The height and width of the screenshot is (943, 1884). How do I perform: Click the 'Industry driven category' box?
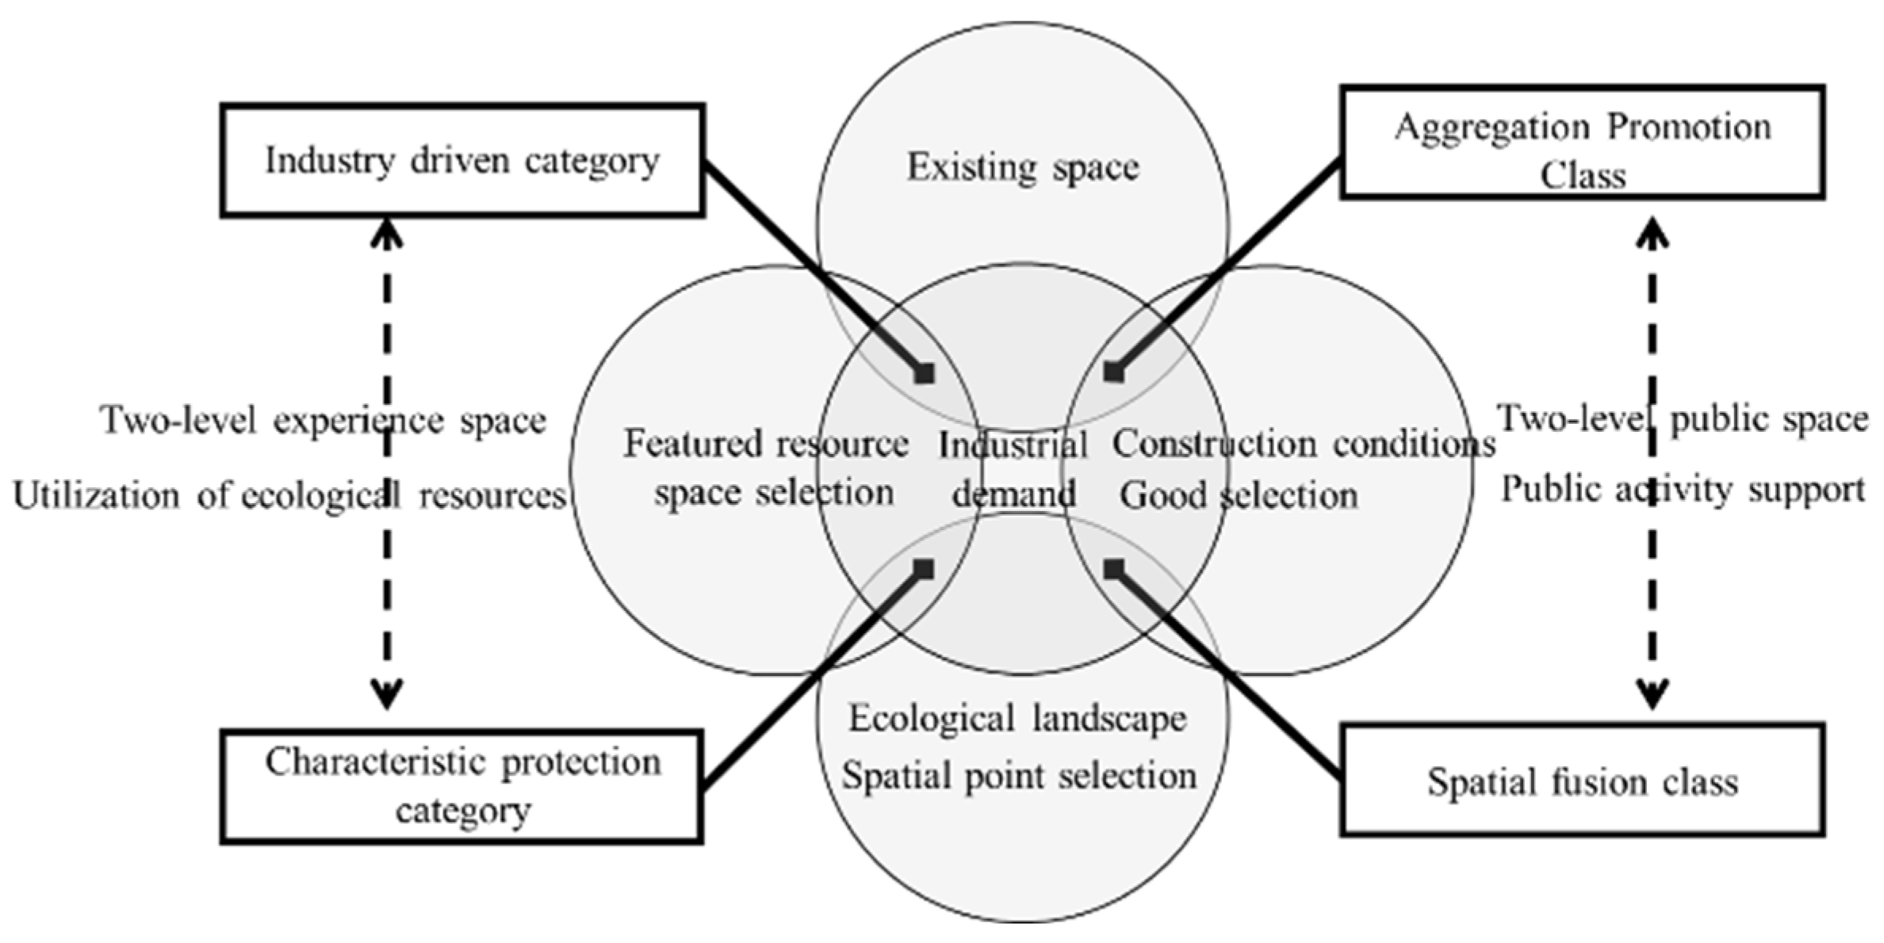(x=462, y=160)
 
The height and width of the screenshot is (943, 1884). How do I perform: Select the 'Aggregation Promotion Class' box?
(x=1583, y=143)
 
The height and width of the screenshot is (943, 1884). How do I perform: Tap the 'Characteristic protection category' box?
(x=462, y=786)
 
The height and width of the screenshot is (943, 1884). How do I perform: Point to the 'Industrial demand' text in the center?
(x=1013, y=470)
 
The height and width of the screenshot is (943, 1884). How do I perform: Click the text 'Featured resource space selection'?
(x=768, y=468)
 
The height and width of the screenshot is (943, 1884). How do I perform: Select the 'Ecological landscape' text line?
(x=1018, y=719)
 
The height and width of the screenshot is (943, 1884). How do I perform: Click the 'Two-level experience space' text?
(x=324, y=421)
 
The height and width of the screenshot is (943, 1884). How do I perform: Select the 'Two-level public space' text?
(x=1683, y=418)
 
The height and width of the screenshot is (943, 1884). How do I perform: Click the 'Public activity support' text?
(x=1683, y=490)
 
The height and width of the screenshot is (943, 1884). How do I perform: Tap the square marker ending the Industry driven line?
(x=925, y=372)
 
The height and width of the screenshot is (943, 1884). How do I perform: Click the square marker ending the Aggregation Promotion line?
(x=1114, y=372)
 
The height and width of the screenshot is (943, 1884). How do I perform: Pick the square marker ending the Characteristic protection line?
(x=925, y=568)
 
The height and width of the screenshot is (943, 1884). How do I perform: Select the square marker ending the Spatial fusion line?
(x=1114, y=568)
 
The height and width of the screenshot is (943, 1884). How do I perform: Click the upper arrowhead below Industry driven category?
(x=386, y=231)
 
